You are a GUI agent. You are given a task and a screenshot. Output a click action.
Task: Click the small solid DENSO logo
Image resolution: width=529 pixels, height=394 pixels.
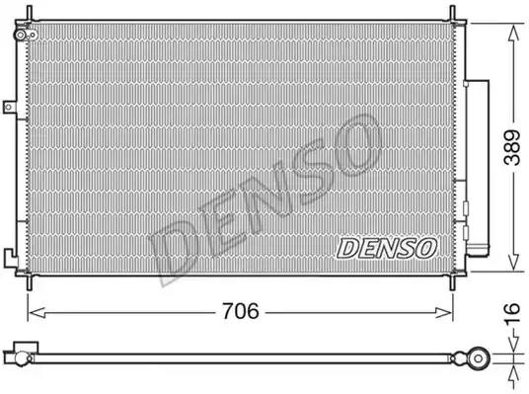click(386, 247)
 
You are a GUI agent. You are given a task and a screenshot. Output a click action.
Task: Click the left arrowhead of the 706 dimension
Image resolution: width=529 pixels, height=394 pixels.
click(32, 312)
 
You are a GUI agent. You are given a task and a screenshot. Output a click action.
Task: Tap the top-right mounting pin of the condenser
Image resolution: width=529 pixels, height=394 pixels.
click(455, 12)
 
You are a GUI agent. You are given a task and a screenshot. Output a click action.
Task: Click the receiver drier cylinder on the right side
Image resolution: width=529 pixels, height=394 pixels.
click(480, 168)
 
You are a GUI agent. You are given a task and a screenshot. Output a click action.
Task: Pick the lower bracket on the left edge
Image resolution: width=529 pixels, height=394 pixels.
click(10, 261)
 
